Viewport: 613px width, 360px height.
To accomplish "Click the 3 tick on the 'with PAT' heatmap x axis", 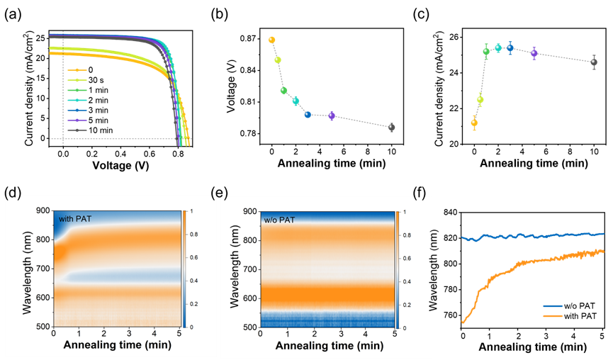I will (x=130, y=333).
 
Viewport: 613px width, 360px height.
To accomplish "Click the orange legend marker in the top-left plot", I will (x=77, y=70).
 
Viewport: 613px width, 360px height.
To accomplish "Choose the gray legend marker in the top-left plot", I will (x=77, y=130).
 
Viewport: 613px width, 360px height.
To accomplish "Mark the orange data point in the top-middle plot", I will (x=271, y=40).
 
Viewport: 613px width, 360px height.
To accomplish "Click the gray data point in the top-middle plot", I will (x=391, y=127).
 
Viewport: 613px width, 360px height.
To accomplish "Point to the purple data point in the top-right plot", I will (x=534, y=52).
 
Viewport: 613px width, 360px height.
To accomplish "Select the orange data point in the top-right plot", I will (x=474, y=123).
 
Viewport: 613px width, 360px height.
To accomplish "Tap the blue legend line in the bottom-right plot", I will (x=553, y=306).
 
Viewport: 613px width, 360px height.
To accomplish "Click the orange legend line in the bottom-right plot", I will (x=553, y=316).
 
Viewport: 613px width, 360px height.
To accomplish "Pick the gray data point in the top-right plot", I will (x=594, y=62).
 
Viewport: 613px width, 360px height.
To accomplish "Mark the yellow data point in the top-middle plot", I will (x=278, y=60).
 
